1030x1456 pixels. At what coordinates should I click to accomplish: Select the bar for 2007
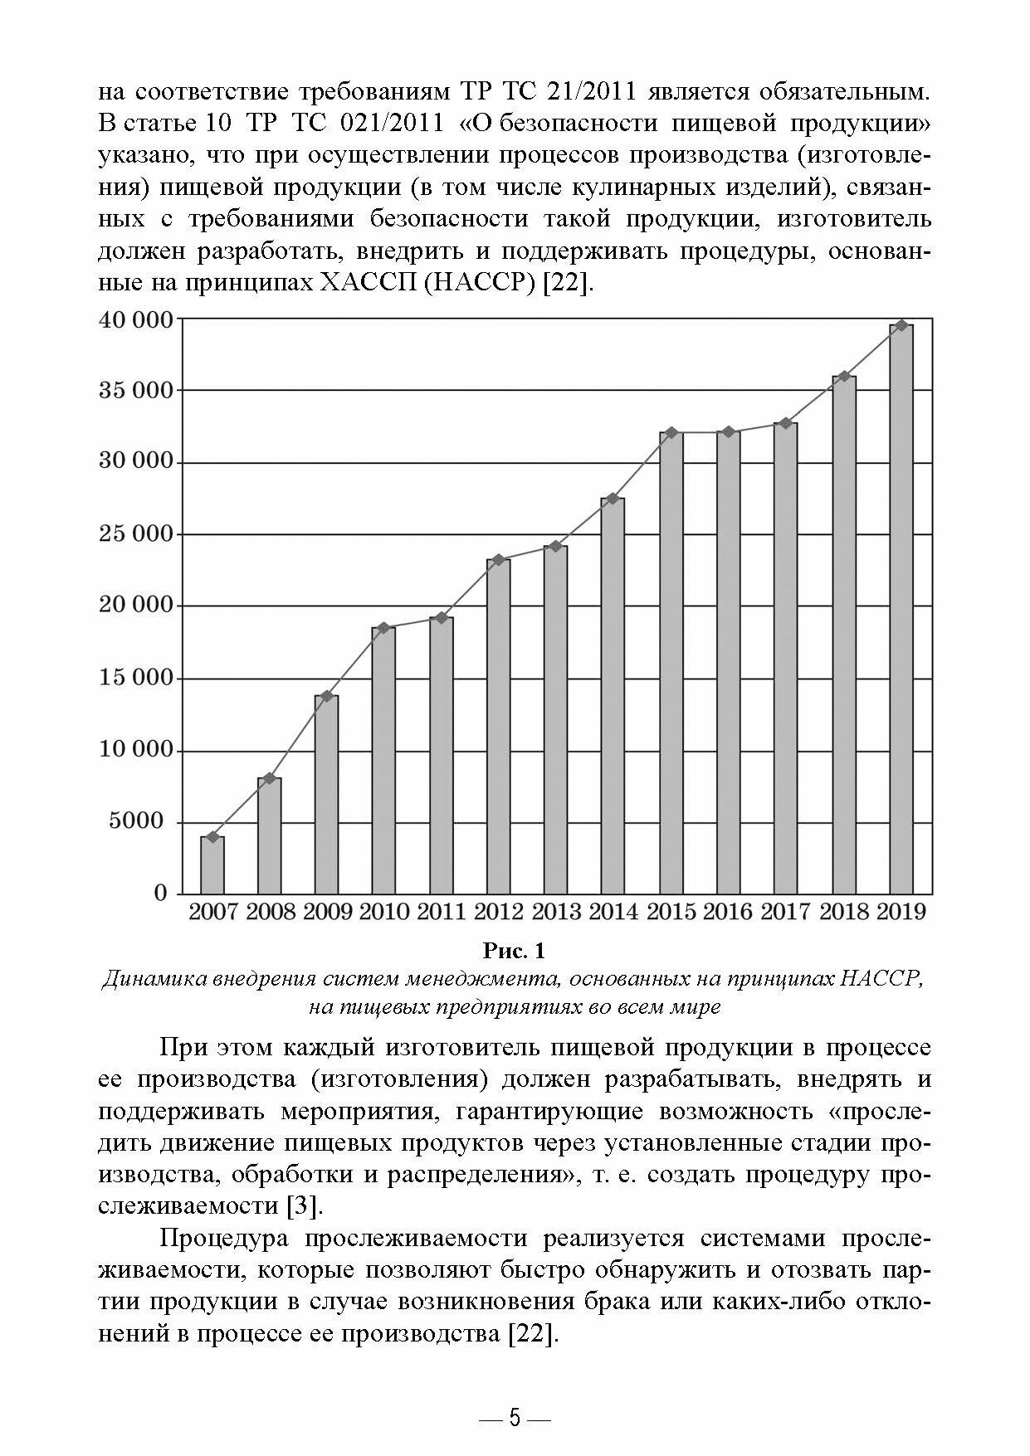coord(212,865)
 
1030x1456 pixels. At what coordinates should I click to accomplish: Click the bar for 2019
coord(901,610)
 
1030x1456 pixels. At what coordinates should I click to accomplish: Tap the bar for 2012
coord(499,726)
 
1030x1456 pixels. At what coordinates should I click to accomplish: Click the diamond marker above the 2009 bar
coord(326,696)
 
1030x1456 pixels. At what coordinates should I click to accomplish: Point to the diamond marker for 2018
coord(845,376)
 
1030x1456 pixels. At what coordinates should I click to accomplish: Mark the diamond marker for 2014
coord(613,499)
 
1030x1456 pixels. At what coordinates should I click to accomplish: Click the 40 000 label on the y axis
coord(136,319)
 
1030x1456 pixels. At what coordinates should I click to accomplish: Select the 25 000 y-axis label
coord(136,533)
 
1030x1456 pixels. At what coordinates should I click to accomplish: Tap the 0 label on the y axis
coord(161,894)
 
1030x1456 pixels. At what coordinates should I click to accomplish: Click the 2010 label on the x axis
coord(384,913)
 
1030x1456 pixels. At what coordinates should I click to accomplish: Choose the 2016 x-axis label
coord(728,913)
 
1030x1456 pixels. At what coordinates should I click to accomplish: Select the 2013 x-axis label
coord(556,913)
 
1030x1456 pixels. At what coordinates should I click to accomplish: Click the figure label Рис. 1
coord(515,949)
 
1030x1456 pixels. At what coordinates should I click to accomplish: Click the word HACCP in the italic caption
coord(883,979)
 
